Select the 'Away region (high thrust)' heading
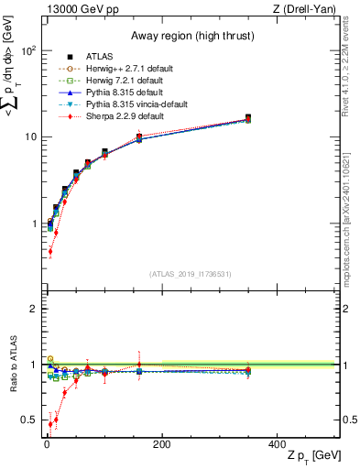pos(130,30)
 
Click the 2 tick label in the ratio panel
pos(37,309)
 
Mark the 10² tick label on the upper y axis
pos(31,51)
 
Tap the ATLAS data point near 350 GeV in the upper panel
pos(247,118)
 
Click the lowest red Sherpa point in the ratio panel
pos(49,424)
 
